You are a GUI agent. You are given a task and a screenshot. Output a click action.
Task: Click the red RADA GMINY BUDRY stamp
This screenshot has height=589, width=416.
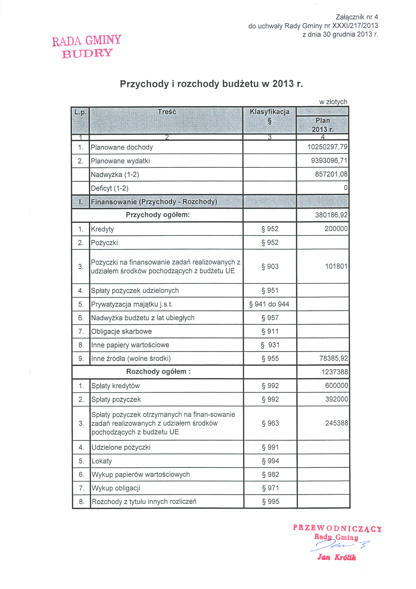coord(87,46)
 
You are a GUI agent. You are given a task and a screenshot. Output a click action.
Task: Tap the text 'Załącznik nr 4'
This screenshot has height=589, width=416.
coord(357,17)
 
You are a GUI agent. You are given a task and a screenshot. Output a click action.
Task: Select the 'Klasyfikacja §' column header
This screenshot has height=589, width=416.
coord(269,116)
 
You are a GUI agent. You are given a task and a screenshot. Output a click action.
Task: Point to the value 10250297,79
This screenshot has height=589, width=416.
coord(327,147)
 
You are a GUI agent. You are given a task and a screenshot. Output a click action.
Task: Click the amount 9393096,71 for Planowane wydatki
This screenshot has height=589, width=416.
coord(329,161)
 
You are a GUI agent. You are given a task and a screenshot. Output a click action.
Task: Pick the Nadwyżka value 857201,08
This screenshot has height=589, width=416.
coord(331,174)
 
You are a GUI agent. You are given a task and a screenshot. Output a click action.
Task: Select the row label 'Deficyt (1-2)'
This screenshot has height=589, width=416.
coord(110,188)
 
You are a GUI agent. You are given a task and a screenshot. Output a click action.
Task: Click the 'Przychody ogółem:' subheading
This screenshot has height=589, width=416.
coord(158,215)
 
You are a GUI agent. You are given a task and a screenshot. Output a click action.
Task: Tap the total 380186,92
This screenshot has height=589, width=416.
coord(331,215)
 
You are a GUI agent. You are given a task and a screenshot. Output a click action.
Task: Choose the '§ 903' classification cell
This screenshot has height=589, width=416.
coord(270,267)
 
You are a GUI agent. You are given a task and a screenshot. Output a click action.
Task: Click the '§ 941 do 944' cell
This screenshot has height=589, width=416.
coord(269,304)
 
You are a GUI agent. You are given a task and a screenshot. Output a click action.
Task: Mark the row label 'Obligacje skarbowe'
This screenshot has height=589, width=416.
coord(122,332)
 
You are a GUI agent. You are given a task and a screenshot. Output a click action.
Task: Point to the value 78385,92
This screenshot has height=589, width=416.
coord(333,358)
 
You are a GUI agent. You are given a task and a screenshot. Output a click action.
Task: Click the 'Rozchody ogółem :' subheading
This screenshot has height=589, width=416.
coord(158,372)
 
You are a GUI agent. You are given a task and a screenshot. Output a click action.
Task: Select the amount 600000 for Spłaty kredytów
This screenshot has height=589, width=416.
coord(336,385)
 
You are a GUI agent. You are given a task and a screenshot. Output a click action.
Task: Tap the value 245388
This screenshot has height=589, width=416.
coord(336,423)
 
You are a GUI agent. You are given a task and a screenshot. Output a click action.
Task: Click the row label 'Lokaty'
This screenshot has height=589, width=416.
coord(102,461)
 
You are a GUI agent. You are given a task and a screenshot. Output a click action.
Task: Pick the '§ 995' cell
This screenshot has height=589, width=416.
coord(271,502)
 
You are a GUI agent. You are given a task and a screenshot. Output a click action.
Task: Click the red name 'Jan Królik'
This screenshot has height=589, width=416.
coord(336,557)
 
